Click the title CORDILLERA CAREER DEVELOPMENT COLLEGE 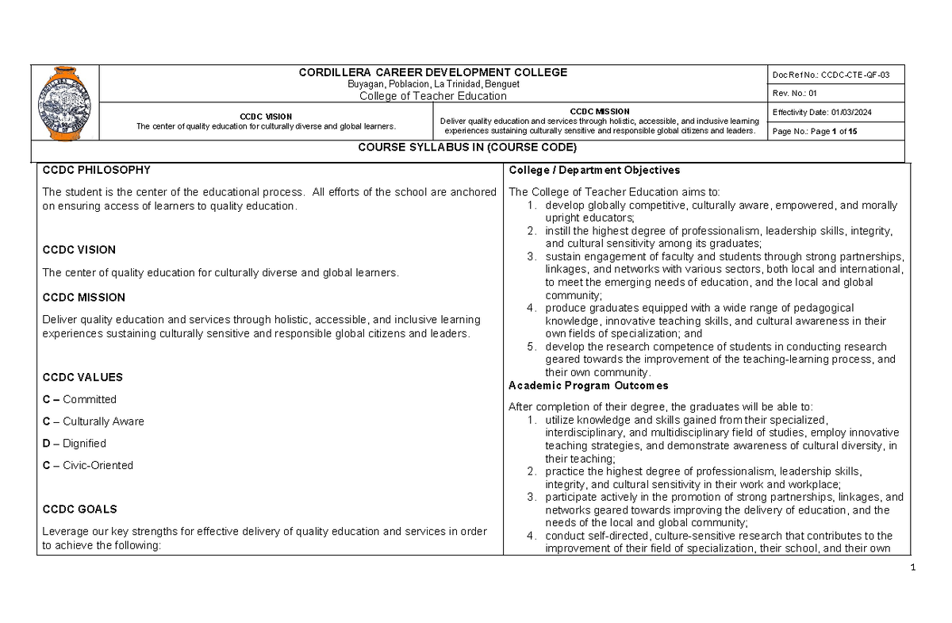coord(432,72)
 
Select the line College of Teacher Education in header coord(432,96)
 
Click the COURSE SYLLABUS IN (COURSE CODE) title coord(467,148)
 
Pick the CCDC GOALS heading coord(79,509)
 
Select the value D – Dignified coord(74,444)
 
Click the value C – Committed coord(79,399)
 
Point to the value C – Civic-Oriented coord(87,465)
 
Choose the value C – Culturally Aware coord(93,421)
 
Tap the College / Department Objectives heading coord(593,170)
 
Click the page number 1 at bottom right coord(914,567)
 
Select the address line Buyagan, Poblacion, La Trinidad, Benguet coord(432,84)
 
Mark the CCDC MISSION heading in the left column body coord(83,298)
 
